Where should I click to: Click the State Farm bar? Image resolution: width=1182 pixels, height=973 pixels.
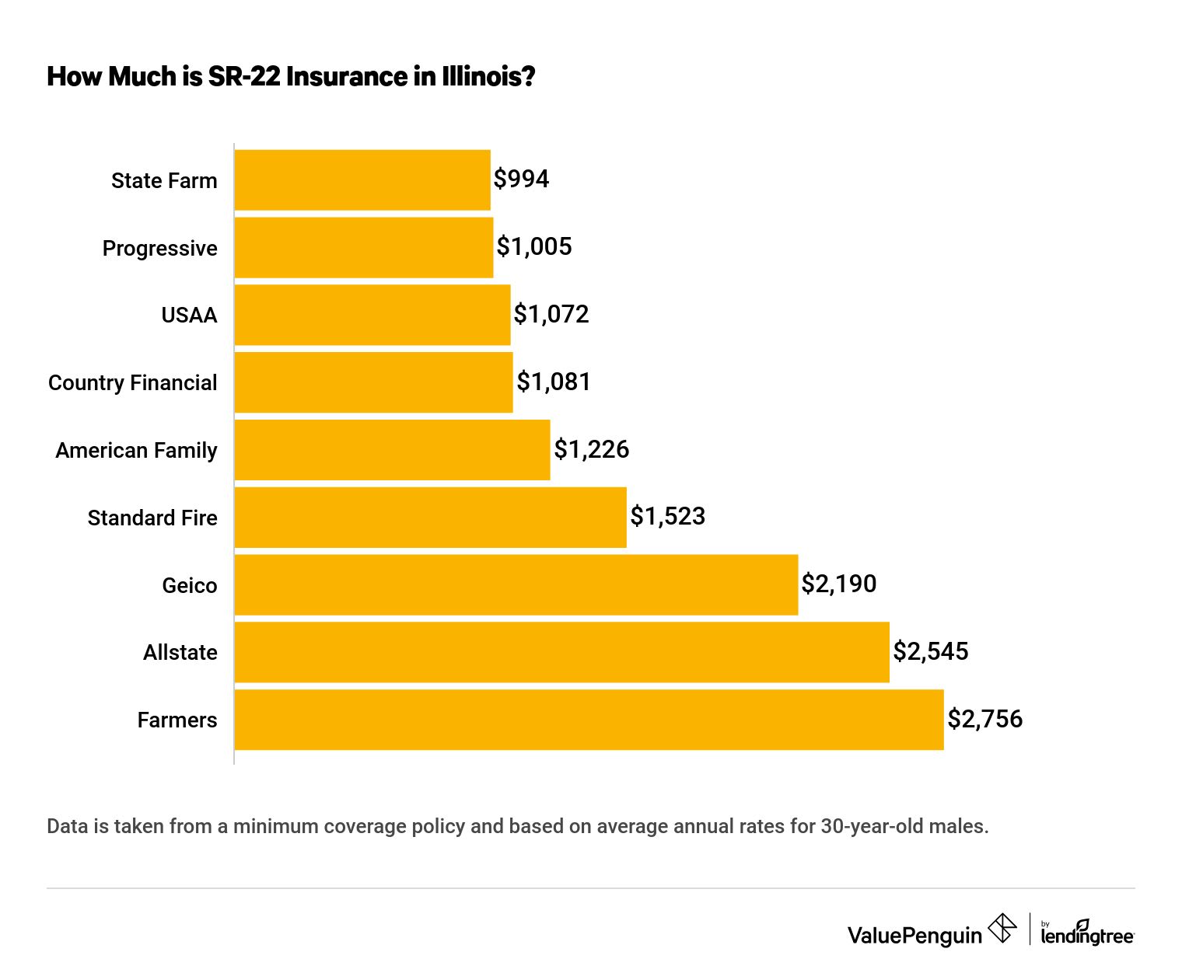362,180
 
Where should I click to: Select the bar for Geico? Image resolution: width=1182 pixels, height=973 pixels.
516,584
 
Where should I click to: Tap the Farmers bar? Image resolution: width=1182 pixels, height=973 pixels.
589,720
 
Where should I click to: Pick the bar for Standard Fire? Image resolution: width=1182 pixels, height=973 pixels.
430,518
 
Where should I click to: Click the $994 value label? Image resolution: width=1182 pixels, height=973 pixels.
521,179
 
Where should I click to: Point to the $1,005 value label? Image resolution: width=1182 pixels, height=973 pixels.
534,246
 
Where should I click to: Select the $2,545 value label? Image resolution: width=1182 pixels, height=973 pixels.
930,651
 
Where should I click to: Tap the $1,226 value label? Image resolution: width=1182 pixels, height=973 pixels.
591,449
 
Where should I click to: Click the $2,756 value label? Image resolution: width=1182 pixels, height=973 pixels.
984,719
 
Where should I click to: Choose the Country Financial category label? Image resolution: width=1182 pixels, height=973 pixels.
132,383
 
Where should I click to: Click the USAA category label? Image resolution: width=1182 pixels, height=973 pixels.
189,316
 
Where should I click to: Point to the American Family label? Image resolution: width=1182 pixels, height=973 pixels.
136,451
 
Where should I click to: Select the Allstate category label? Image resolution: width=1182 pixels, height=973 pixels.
180,653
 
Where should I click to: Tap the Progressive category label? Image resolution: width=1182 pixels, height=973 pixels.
159,249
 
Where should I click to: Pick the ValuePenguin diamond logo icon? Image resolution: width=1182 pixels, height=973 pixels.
1002,928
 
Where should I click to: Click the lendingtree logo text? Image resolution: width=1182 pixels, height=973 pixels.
1087,936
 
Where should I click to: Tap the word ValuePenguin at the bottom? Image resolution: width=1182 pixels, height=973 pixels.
914,936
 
